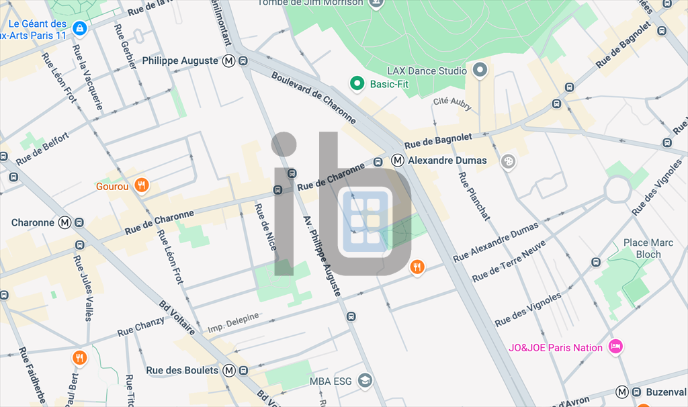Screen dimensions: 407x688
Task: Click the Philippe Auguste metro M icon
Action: click(x=229, y=61)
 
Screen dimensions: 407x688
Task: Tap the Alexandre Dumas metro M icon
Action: click(x=398, y=161)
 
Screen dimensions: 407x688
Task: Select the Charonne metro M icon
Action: click(x=65, y=222)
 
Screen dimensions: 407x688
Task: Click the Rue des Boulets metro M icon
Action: click(x=229, y=370)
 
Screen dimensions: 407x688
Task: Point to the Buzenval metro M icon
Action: click(x=622, y=392)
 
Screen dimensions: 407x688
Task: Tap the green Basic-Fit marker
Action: click(x=357, y=84)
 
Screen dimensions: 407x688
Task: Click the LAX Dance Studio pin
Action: click(x=480, y=70)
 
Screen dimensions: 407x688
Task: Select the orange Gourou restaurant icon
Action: click(x=141, y=186)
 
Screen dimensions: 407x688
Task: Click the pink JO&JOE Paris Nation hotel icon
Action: click(x=614, y=347)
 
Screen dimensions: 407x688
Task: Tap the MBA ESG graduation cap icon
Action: click(x=365, y=381)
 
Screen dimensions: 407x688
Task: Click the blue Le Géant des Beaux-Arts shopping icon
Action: click(x=80, y=28)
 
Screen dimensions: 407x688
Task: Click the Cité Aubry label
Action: click(x=452, y=103)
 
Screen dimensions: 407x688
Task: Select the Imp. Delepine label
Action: click(x=232, y=322)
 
